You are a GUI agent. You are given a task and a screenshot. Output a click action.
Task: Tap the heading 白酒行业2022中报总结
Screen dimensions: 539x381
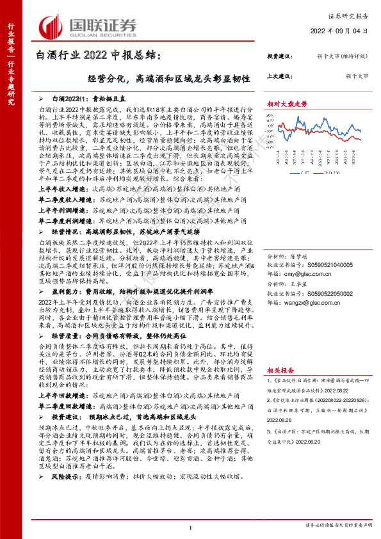point(102,57)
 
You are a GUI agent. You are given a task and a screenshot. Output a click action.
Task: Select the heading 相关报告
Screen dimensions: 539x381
point(280,369)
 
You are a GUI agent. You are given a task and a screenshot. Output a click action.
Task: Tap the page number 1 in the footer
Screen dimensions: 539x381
point(191,527)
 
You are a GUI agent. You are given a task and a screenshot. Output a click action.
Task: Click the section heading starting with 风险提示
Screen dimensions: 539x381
point(63,477)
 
